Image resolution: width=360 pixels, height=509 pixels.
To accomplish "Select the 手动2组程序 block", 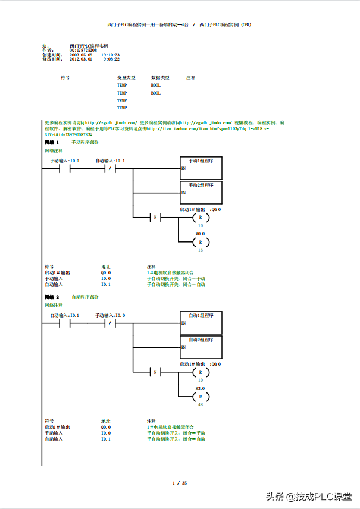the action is tap(201, 193).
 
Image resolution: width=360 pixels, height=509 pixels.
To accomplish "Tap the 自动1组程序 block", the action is tap(201, 323).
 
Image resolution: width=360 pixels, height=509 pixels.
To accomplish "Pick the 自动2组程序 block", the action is tap(201, 348).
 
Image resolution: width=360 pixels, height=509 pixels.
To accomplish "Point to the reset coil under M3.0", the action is tap(201, 396).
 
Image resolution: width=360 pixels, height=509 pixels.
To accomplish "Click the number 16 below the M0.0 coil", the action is tap(201, 250).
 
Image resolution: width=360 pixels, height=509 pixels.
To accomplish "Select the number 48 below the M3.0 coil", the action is tap(201, 404).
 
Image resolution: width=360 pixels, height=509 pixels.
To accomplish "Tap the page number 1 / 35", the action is tap(180, 482).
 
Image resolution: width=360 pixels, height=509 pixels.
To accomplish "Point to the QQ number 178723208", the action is tap(83, 50).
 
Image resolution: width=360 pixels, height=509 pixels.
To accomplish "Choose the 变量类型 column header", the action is tap(126, 78).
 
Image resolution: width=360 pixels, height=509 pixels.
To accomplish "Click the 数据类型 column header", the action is tap(160, 78).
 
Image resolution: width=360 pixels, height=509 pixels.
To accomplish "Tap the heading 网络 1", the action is tap(52, 143).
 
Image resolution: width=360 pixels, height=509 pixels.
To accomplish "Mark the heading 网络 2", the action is tap(52, 297).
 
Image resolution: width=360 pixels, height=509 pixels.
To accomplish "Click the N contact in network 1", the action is tap(155, 218).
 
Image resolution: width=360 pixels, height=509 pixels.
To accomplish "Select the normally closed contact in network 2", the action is tap(110, 323).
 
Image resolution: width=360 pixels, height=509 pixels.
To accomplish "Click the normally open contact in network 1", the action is tap(64, 169).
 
